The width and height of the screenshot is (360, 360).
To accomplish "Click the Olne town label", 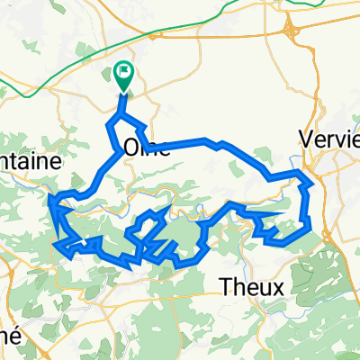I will point(145,148).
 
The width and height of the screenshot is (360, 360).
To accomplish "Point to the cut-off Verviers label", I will point(328,142).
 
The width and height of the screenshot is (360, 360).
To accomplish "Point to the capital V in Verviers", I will point(306,142).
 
